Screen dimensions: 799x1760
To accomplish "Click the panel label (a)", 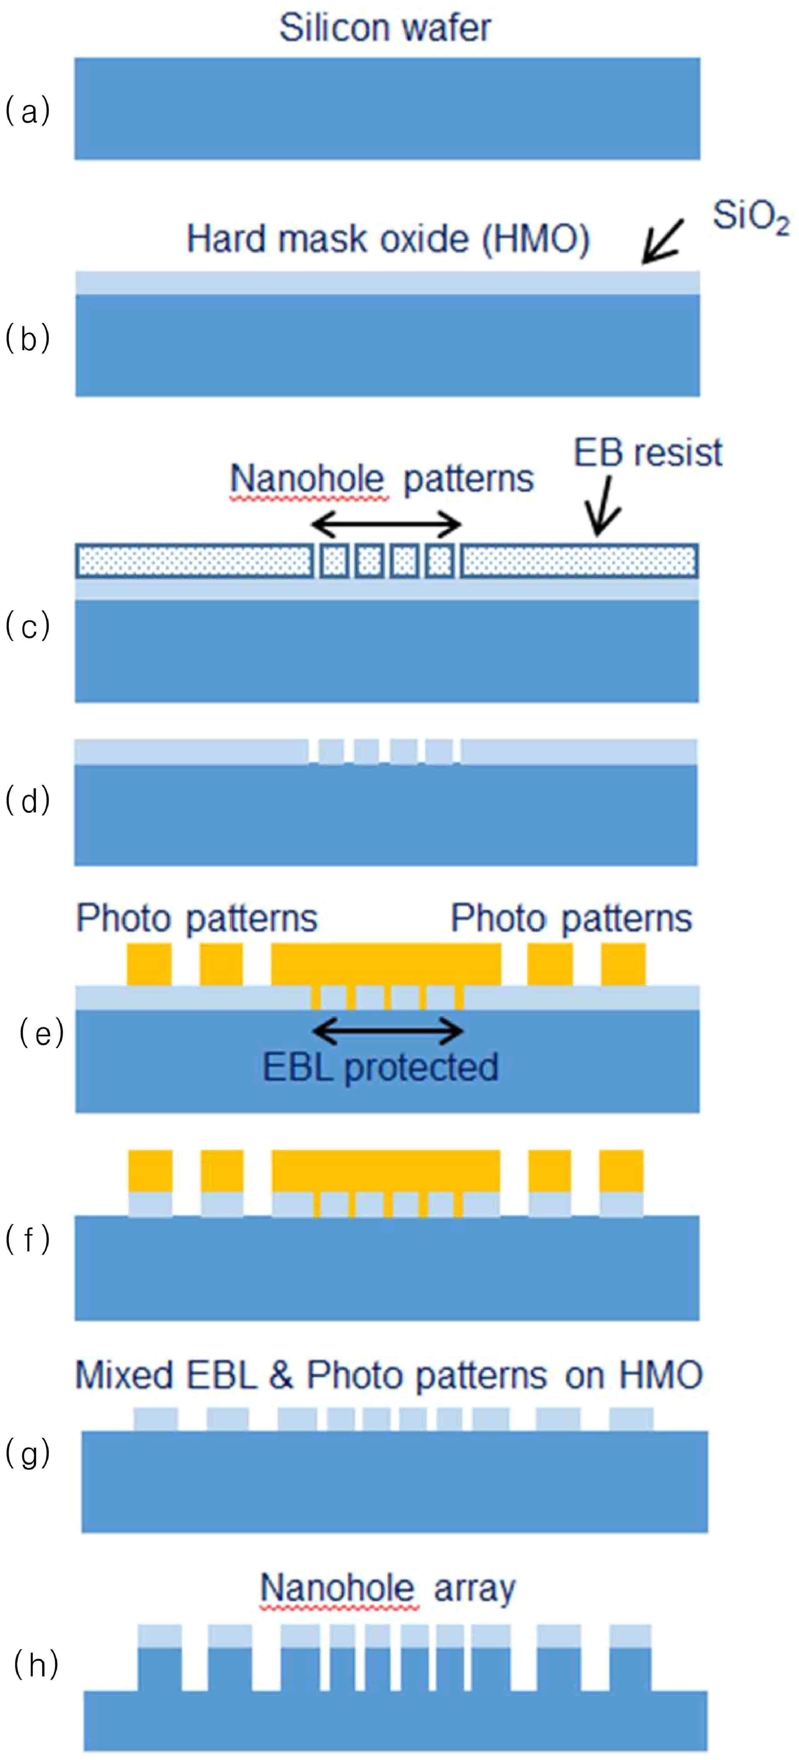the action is coord(28,111).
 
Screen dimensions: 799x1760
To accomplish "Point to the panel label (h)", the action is coord(36,1666).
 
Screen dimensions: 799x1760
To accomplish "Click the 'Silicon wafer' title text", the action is coord(385,28).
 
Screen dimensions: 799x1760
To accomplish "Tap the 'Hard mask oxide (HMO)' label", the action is coord(388,239).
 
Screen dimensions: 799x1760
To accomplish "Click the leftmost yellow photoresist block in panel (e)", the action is coord(149,964).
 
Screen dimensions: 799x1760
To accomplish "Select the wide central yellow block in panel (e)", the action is coord(386,964).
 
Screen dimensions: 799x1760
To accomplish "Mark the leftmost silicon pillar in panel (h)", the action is coord(160,1670).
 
